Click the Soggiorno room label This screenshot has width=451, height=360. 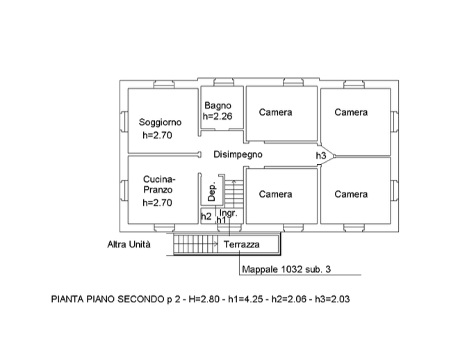coord(160,122)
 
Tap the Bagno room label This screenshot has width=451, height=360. coord(218,106)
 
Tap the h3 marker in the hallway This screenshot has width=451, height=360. coord(321,156)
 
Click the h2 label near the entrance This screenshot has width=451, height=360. coord(206,217)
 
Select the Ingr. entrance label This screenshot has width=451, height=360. coord(229,213)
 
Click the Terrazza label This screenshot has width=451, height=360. coord(241,245)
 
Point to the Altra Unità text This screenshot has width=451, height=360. coord(129,245)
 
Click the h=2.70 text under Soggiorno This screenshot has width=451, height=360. coord(156,136)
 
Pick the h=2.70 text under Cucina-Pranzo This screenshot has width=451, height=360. coord(156,203)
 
